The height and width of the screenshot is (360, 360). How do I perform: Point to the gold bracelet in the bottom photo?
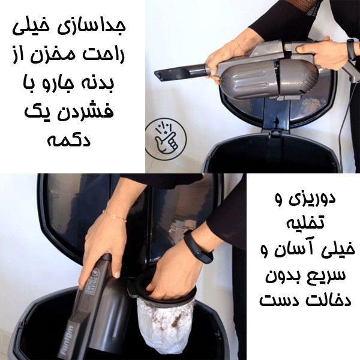[x=114, y=215]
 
